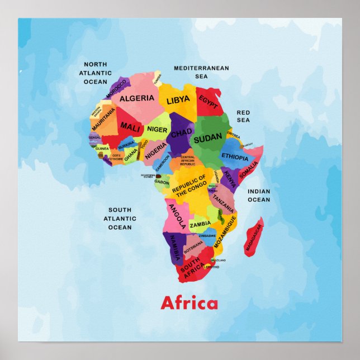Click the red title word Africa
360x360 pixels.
189,304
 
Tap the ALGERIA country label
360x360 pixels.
137,98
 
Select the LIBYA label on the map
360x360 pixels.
178,101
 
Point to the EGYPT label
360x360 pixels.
209,102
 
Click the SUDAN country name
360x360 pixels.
207,138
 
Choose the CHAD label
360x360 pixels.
181,134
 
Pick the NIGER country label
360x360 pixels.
157,130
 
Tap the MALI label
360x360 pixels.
130,127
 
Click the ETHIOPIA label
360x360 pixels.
235,157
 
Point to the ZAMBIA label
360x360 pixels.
200,224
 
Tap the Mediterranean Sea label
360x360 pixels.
201,72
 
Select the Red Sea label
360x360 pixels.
243,116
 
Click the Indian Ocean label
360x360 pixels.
258,195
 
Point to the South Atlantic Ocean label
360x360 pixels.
120,219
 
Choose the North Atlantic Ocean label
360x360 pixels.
95,73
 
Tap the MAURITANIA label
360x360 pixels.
105,120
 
